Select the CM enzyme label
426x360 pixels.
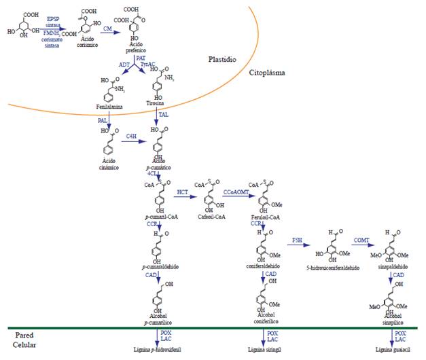point(108,27)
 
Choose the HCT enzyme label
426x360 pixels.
point(182,192)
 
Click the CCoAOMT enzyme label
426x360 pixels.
point(234,192)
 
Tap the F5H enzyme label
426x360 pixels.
point(298,240)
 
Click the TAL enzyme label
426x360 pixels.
point(163,115)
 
